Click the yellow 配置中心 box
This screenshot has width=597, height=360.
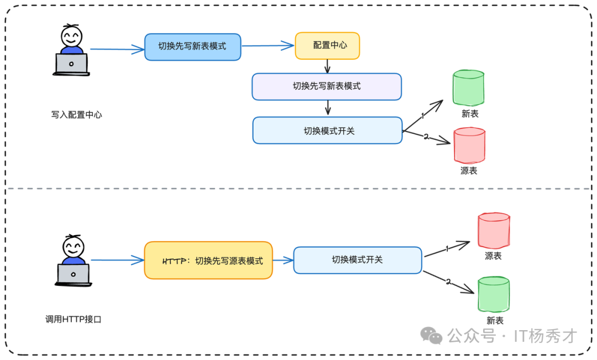327,46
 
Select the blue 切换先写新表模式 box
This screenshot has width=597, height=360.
193,46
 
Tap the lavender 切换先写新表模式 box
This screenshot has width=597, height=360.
326,86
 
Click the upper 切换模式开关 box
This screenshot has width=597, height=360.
327,131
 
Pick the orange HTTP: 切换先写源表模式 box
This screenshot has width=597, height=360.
208,260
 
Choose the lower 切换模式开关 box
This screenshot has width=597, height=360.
357,260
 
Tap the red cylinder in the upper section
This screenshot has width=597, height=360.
469,145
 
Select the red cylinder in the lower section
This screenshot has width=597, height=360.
493,231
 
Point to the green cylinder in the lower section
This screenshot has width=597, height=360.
494,295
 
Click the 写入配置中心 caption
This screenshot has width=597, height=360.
77,115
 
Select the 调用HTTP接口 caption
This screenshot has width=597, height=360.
74,319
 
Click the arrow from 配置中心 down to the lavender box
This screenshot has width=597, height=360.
327,66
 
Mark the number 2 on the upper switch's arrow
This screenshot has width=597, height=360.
426,137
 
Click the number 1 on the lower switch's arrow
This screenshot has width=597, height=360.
447,249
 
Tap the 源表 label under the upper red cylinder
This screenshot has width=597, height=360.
469,171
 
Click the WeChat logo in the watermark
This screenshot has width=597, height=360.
431,335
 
